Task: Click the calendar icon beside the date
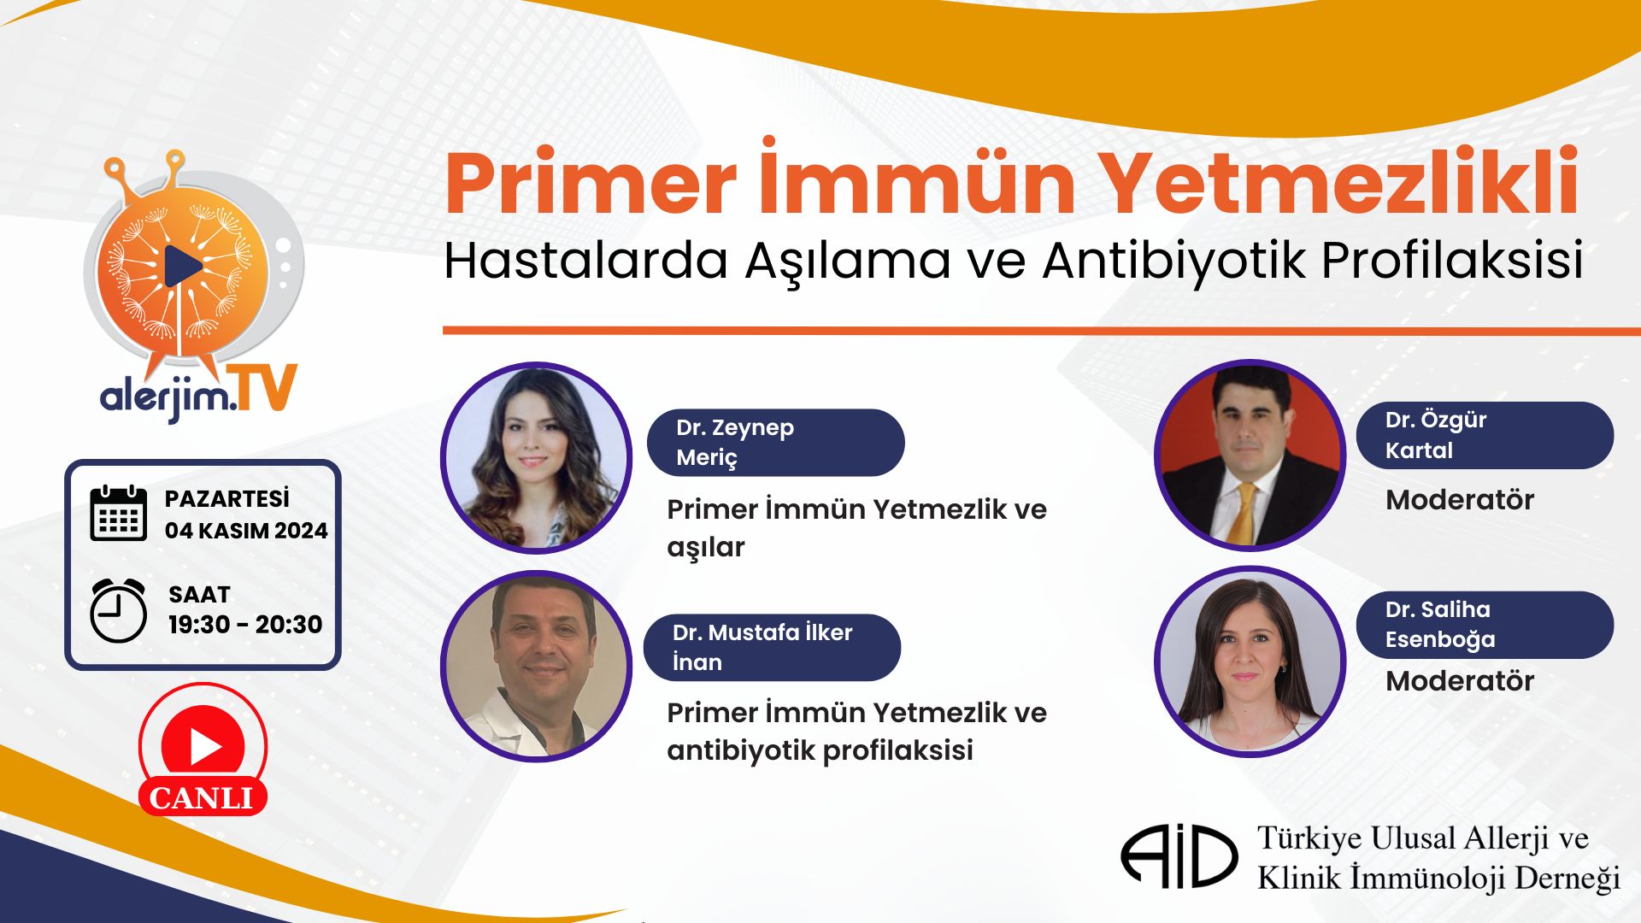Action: click(119, 513)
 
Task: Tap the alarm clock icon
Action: click(119, 610)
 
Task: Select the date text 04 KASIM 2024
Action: click(246, 531)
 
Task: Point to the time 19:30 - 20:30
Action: click(245, 625)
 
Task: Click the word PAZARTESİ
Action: click(227, 498)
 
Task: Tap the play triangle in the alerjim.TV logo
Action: click(182, 267)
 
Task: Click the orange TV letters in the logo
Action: click(267, 389)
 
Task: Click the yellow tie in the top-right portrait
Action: click(1244, 513)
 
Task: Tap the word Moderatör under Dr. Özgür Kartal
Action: click(1460, 500)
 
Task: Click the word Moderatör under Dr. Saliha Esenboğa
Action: click(1460, 681)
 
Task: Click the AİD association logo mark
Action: click(1179, 855)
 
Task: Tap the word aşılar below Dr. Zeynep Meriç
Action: click(706, 548)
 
